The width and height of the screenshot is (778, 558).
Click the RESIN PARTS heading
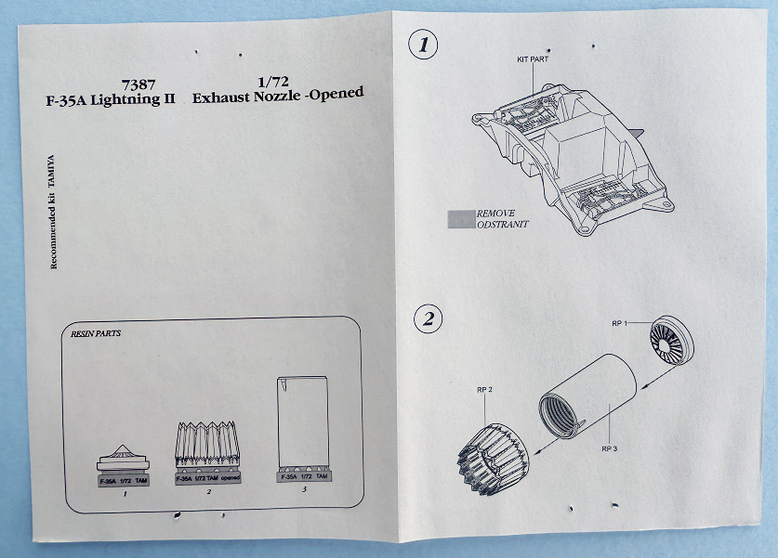click(98, 332)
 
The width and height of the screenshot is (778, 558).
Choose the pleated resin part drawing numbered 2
click(208, 451)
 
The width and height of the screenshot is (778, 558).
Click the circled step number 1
click(425, 45)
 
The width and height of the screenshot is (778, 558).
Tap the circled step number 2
click(427, 320)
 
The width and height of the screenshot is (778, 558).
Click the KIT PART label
click(534, 58)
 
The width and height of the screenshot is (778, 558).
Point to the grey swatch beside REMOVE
click(461, 218)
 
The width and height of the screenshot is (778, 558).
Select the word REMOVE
click(495, 213)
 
